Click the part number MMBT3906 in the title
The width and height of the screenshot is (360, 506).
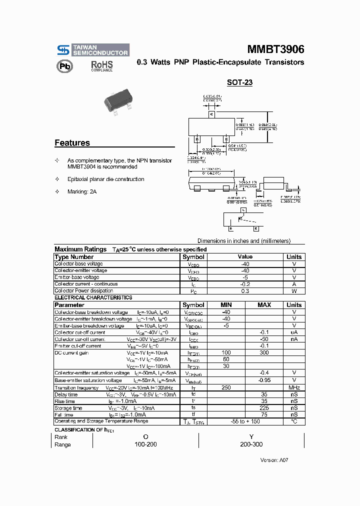click(x=275, y=49)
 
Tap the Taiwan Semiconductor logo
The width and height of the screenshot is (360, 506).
click(x=92, y=50)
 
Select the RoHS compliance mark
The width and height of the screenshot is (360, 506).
click(x=101, y=66)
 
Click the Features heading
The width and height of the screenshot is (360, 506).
click(x=72, y=143)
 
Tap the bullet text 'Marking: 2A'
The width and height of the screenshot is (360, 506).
click(x=82, y=191)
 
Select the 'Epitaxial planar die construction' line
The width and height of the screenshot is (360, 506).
click(x=105, y=179)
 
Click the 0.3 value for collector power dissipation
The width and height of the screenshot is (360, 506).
click(x=245, y=291)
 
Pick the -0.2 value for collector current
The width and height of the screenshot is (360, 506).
click(x=245, y=284)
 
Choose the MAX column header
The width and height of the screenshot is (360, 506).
click(x=264, y=305)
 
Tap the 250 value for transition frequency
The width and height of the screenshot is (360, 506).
click(x=225, y=387)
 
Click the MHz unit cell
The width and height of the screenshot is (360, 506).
click(x=294, y=387)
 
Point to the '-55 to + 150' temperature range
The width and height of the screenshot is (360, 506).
click(x=245, y=421)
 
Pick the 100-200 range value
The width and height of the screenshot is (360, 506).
click(x=145, y=444)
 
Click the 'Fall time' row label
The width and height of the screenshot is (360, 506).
click(x=64, y=414)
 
